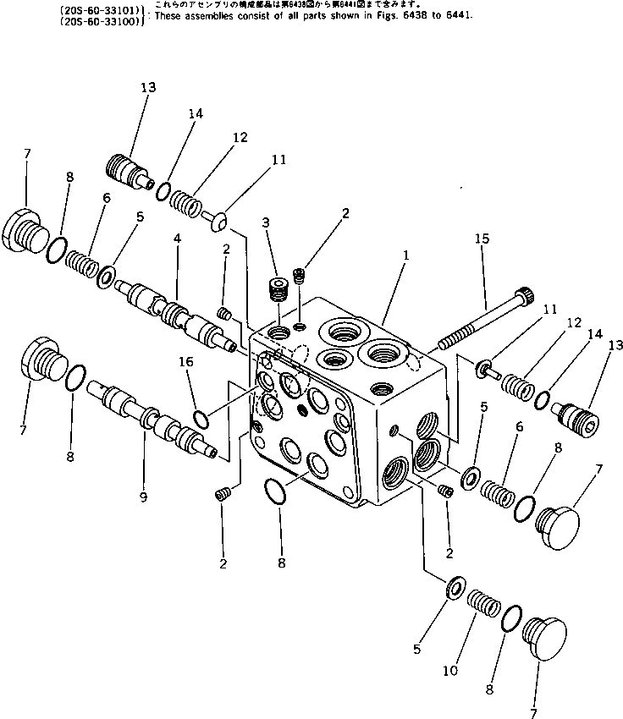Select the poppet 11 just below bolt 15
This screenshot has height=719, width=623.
pyautogui.click(x=485, y=366)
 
